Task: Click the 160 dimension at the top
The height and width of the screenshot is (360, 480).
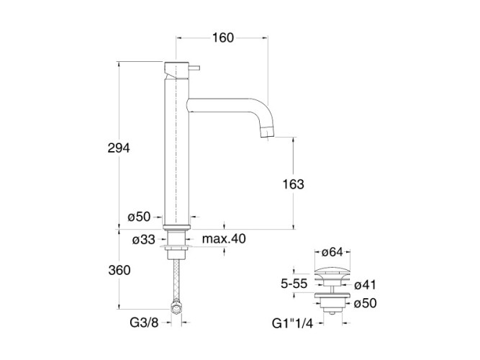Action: pyautogui.click(x=223, y=39)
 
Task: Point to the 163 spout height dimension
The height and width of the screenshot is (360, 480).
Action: pyautogui.click(x=294, y=184)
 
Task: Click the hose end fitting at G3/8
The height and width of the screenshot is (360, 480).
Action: pyautogui.click(x=175, y=309)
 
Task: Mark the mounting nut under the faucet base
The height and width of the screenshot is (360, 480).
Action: pyautogui.click(x=176, y=249)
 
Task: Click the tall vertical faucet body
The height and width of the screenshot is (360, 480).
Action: pyautogui.click(x=176, y=151)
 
